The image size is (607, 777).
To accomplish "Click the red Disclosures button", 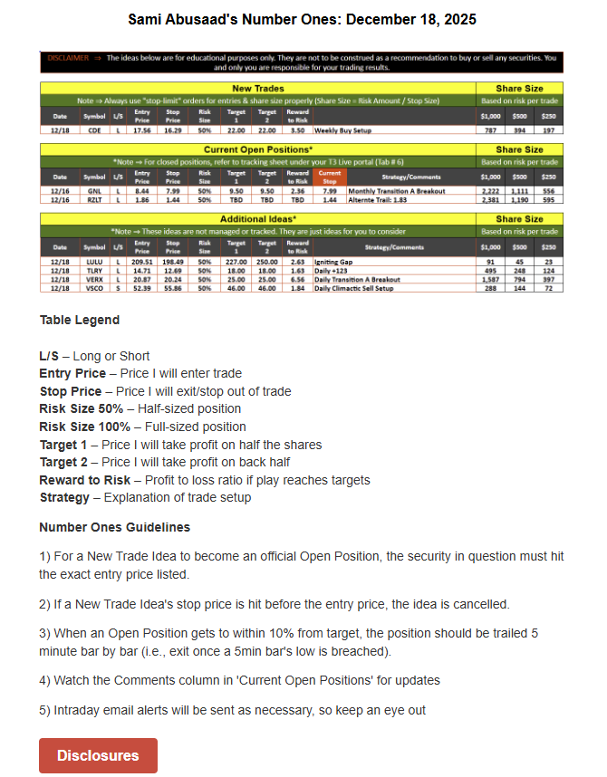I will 98,755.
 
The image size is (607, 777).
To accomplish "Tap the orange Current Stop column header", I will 330,177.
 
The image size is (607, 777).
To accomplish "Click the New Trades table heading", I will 257,88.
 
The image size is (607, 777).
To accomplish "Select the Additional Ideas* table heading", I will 257,219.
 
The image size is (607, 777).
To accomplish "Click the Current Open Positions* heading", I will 257,149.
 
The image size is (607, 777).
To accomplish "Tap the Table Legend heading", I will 80,320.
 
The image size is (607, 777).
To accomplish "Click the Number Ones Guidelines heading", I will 114,527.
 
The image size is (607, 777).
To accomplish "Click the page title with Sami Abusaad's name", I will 302,19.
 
